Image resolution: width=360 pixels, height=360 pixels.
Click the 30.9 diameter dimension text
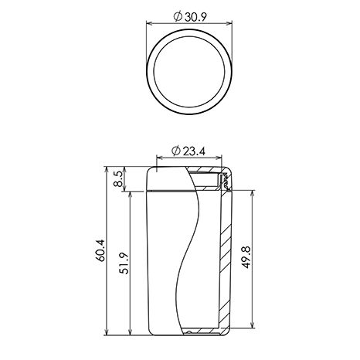pyautogui.click(x=195, y=17)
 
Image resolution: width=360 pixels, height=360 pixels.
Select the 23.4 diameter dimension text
pyautogui.click(x=194, y=151)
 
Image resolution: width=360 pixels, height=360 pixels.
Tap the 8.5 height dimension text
pyautogui.click(x=119, y=179)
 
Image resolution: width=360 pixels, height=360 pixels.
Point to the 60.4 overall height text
pyautogui.click(x=100, y=250)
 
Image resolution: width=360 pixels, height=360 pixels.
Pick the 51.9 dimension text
pyautogui.click(x=124, y=263)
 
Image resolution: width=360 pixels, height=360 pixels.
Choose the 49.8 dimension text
pyautogui.click(x=246, y=257)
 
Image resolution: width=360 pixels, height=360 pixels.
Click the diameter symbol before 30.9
pyautogui.click(x=178, y=17)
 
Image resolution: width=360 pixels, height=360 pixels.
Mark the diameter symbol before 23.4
pyautogui.click(x=176, y=151)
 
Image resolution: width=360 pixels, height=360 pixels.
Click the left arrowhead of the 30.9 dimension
pyautogui.click(x=149, y=24)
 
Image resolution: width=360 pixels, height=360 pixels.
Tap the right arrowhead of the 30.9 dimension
pyautogui.click(x=229, y=24)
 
